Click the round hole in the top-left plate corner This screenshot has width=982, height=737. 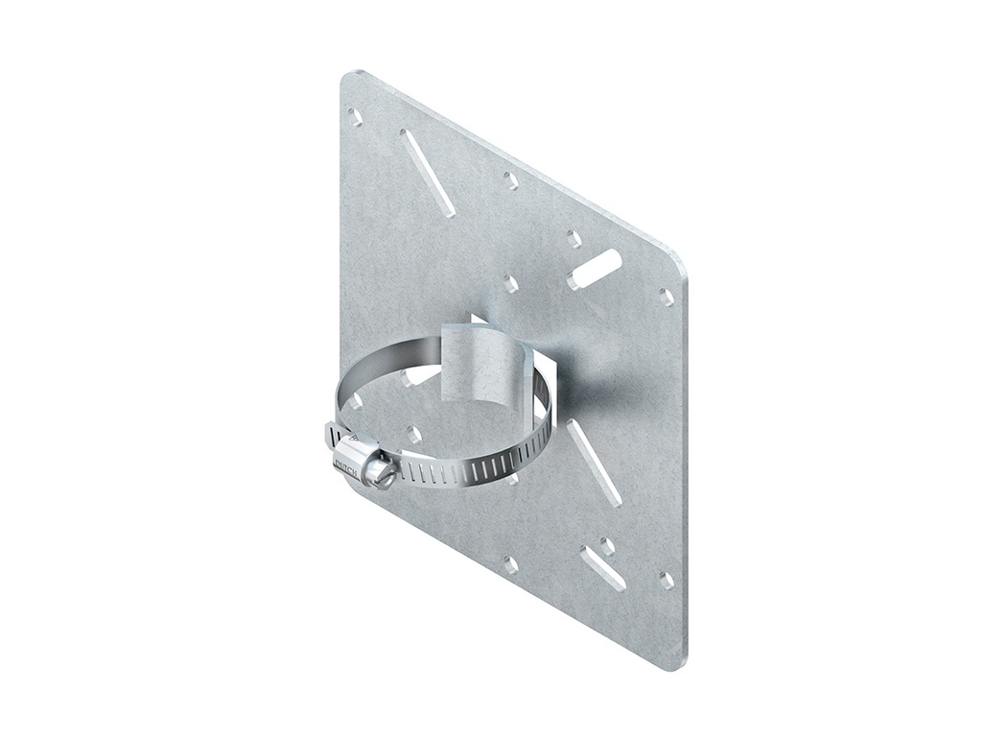tap(356, 116)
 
